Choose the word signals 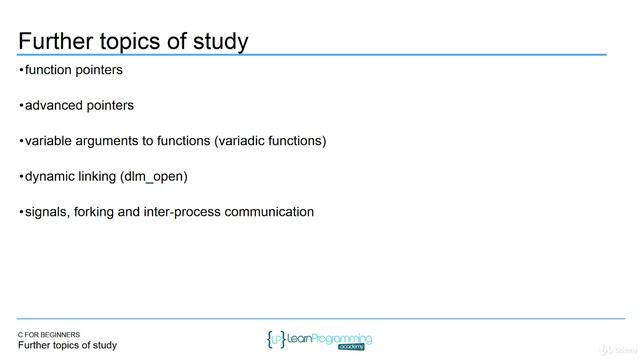tap(49, 212)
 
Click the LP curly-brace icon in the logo tap(275, 339)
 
